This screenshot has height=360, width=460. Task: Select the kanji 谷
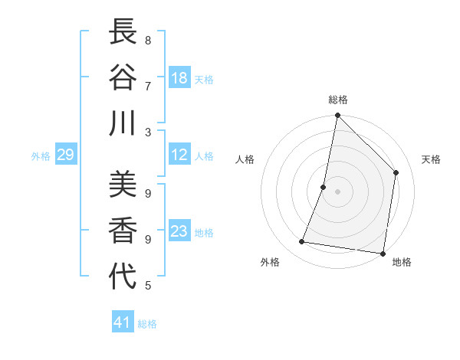(x=122, y=77)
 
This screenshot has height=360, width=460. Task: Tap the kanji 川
(x=122, y=123)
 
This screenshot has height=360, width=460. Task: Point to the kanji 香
(x=122, y=231)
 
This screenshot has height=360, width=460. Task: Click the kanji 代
(x=122, y=276)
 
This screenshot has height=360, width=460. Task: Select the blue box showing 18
(x=179, y=78)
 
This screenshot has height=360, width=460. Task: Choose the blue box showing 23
(x=179, y=232)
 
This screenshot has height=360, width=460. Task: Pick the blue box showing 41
(x=123, y=322)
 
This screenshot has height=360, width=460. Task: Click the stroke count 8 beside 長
(x=148, y=40)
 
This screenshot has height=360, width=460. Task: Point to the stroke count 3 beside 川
(x=148, y=132)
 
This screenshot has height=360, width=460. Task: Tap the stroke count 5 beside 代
(x=148, y=286)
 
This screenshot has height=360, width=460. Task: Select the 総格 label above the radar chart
(x=338, y=100)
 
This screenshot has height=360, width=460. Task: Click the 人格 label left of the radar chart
(x=245, y=159)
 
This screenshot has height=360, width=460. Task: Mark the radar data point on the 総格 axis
(x=337, y=116)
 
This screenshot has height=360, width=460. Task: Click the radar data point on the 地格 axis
(x=382, y=253)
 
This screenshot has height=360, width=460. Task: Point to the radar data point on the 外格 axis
(x=302, y=242)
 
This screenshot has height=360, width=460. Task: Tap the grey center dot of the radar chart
(x=337, y=191)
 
